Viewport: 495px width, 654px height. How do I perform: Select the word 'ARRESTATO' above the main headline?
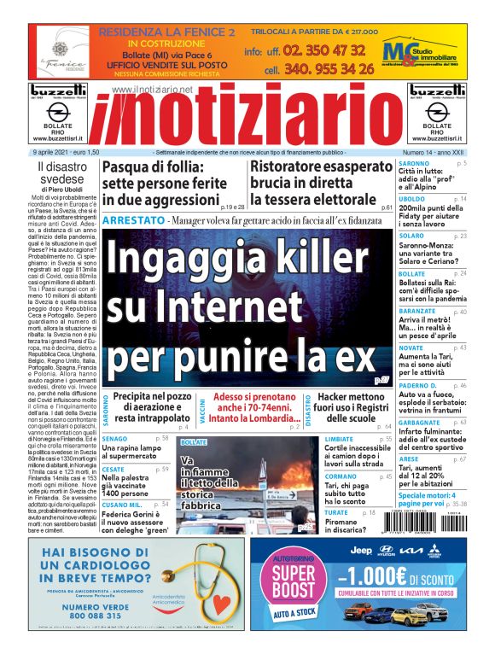click(x=132, y=220)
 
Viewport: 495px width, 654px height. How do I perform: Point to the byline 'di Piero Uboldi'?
click(x=56, y=190)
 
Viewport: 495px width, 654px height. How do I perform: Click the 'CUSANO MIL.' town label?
click(x=121, y=505)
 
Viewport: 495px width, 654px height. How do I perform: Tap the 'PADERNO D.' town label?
click(x=417, y=385)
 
